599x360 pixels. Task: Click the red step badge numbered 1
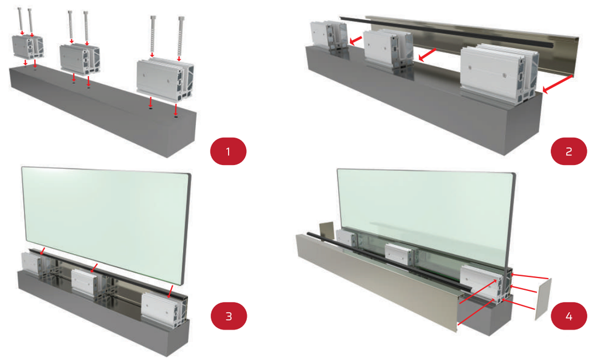[x=229, y=152]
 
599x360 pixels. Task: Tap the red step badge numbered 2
[x=569, y=152]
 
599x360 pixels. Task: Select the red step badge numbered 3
[x=229, y=316]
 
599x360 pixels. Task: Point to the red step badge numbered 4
[x=569, y=316]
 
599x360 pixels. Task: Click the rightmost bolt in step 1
[x=180, y=38]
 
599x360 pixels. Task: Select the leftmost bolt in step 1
[x=20, y=21]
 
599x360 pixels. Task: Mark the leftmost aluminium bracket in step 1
[x=27, y=48]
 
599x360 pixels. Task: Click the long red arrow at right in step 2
[x=557, y=84]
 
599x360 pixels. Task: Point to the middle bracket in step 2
[x=388, y=50]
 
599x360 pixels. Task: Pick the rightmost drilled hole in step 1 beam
[x=175, y=116]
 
